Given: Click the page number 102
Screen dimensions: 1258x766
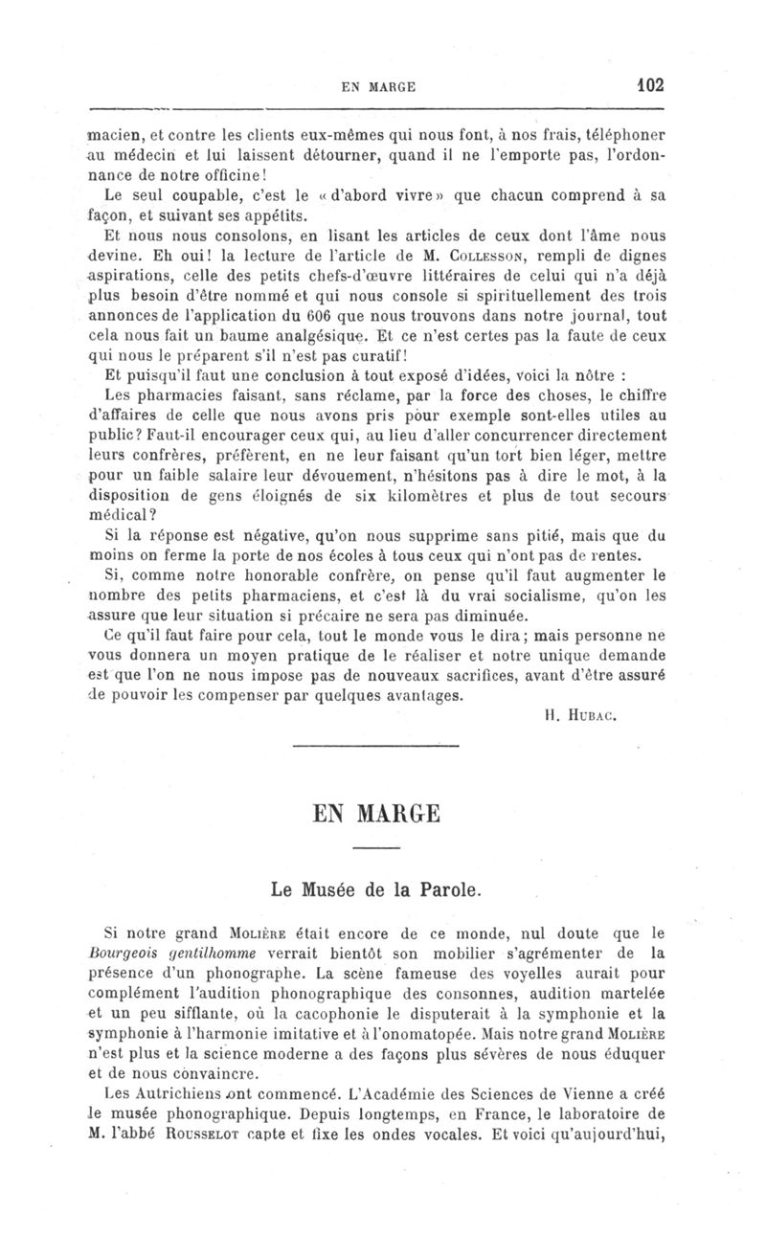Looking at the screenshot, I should [x=650, y=83].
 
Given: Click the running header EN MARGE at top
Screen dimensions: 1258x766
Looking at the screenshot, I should [x=378, y=85].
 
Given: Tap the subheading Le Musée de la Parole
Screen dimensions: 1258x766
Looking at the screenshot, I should [x=375, y=889].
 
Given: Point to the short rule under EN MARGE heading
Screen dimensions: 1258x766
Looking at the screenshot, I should [x=375, y=849].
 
